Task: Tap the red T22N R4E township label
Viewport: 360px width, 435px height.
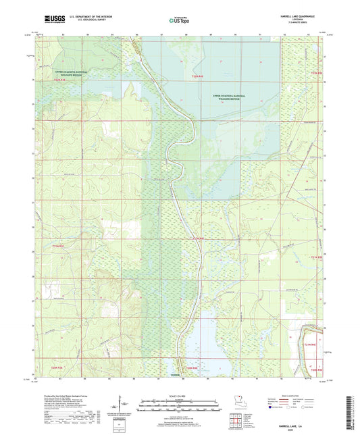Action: [x=197, y=79]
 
